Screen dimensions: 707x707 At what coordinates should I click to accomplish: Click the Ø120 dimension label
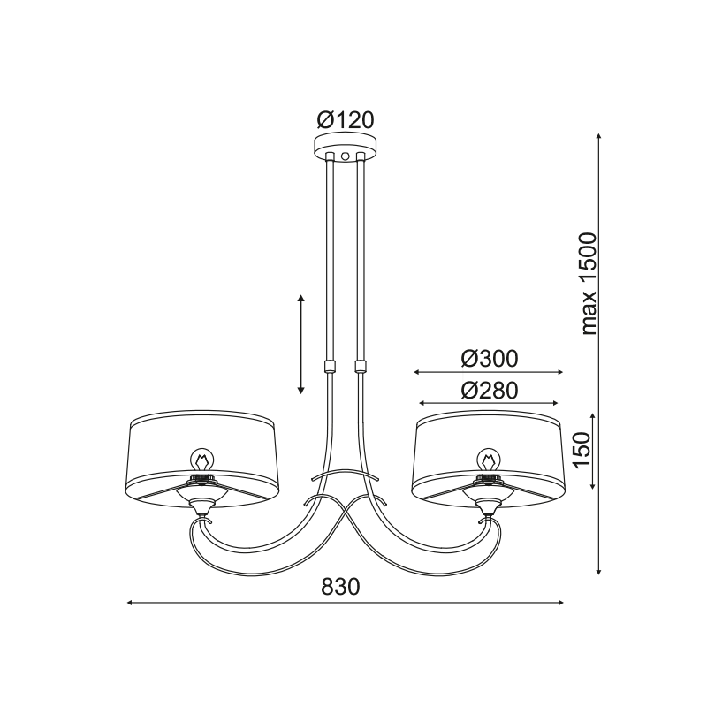(x=346, y=120)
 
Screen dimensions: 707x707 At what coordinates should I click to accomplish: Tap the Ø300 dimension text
(x=490, y=360)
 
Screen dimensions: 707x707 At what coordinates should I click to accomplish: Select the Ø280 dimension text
(x=490, y=391)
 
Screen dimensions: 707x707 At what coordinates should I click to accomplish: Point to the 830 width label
(x=341, y=587)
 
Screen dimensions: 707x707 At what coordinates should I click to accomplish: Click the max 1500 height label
(x=589, y=284)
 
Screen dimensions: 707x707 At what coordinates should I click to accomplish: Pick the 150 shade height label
(x=582, y=451)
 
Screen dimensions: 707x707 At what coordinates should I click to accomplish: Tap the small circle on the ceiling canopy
(x=346, y=156)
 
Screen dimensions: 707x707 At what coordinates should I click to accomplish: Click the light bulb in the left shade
(x=202, y=460)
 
